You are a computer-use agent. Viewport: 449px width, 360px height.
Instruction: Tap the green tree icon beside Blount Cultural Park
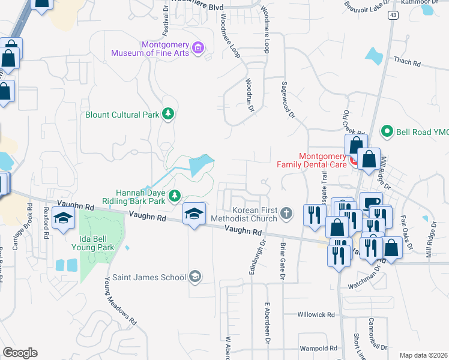[169, 115]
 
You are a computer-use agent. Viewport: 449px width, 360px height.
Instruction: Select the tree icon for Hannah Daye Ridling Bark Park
[175, 195]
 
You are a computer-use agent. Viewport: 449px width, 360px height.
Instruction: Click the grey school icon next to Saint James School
[194, 276]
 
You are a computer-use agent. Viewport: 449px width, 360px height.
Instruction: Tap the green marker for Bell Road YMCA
[388, 131]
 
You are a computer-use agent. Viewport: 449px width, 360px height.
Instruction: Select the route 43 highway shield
[392, 14]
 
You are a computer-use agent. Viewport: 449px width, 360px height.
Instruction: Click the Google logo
[19, 353]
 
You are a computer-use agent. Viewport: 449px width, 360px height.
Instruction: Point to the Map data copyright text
[423, 355]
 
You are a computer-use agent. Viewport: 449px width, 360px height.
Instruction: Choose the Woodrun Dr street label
[250, 95]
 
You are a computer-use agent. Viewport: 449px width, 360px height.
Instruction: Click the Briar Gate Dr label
[280, 259]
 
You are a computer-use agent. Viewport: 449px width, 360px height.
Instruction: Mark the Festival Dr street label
[166, 22]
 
